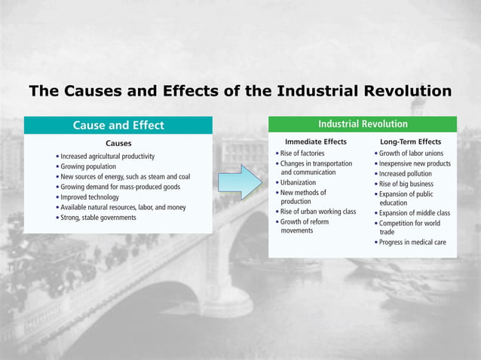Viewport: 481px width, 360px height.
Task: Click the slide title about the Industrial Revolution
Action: coord(240,92)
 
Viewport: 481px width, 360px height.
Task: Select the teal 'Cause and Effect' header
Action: coord(118,125)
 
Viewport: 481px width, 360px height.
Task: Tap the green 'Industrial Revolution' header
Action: coord(363,124)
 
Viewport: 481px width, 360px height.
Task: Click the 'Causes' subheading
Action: coord(118,142)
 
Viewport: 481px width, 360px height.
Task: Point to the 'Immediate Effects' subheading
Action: coord(316,142)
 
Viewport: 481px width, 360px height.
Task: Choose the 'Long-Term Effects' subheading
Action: coord(411,142)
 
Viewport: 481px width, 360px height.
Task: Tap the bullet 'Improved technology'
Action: coord(92,197)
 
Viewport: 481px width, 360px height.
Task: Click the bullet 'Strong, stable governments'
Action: coord(98,218)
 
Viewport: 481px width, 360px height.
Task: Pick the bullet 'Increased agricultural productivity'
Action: coord(107,156)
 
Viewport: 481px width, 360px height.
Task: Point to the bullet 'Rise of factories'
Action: coord(303,153)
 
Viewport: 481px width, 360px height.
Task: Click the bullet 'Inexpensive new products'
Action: coord(417,163)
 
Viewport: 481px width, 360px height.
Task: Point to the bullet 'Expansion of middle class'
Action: coord(417,213)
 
